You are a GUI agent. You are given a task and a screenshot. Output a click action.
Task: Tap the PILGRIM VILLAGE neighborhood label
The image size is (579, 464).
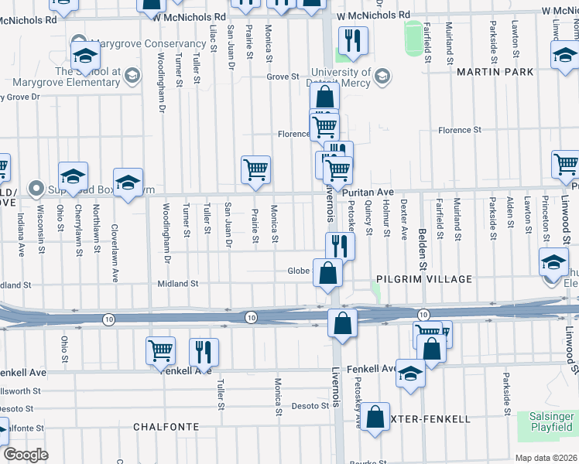(x=423, y=278)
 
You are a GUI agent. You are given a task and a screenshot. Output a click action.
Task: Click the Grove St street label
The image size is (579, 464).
(x=283, y=77)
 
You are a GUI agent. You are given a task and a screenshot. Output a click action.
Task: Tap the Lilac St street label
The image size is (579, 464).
(x=213, y=36)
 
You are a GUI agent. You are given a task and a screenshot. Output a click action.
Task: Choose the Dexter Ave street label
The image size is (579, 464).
(x=403, y=217)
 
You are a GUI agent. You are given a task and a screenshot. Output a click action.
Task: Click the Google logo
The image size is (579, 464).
(x=25, y=455)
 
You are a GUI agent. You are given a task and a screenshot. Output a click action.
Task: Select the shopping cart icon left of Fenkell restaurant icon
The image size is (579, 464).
(x=161, y=350)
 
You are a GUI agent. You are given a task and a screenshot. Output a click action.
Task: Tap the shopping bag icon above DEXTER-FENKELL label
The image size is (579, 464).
(x=375, y=417)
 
